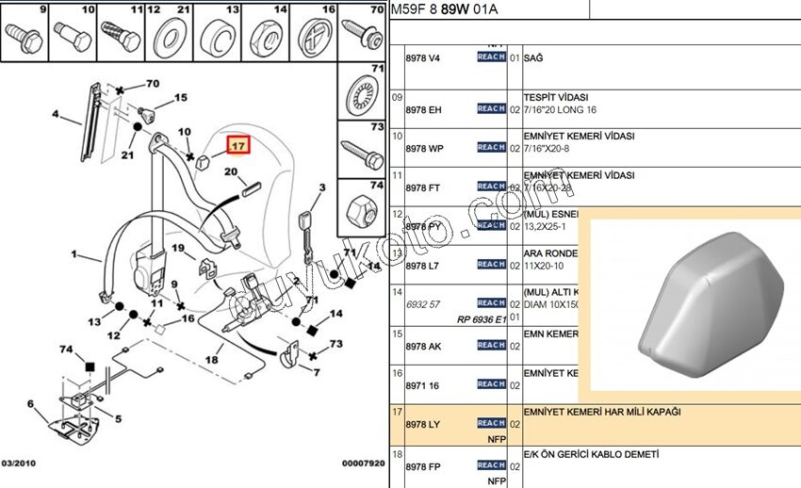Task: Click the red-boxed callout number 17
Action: click(x=238, y=147)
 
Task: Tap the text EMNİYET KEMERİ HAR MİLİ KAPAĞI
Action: click(x=601, y=412)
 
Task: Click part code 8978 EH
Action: click(x=422, y=109)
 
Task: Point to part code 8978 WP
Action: click(x=422, y=148)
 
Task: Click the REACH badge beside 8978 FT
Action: click(x=491, y=187)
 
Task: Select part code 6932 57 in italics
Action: click(x=422, y=304)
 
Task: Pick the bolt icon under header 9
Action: click(x=22, y=40)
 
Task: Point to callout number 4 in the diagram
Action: click(x=55, y=116)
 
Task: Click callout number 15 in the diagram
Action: click(x=180, y=97)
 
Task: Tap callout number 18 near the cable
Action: click(x=213, y=359)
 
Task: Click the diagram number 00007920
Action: click(x=363, y=463)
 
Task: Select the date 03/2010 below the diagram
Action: click(x=19, y=463)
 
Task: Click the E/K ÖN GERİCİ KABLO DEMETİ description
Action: click(x=591, y=454)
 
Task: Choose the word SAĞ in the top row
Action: click(x=532, y=58)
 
